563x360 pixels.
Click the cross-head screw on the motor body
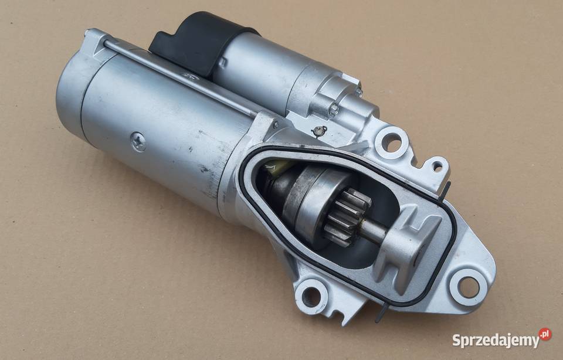138,141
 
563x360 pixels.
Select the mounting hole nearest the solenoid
392,143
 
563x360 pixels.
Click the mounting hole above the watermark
468,287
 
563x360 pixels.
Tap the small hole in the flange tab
437,166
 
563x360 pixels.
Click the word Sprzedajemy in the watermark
496,339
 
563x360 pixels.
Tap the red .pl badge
545,334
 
